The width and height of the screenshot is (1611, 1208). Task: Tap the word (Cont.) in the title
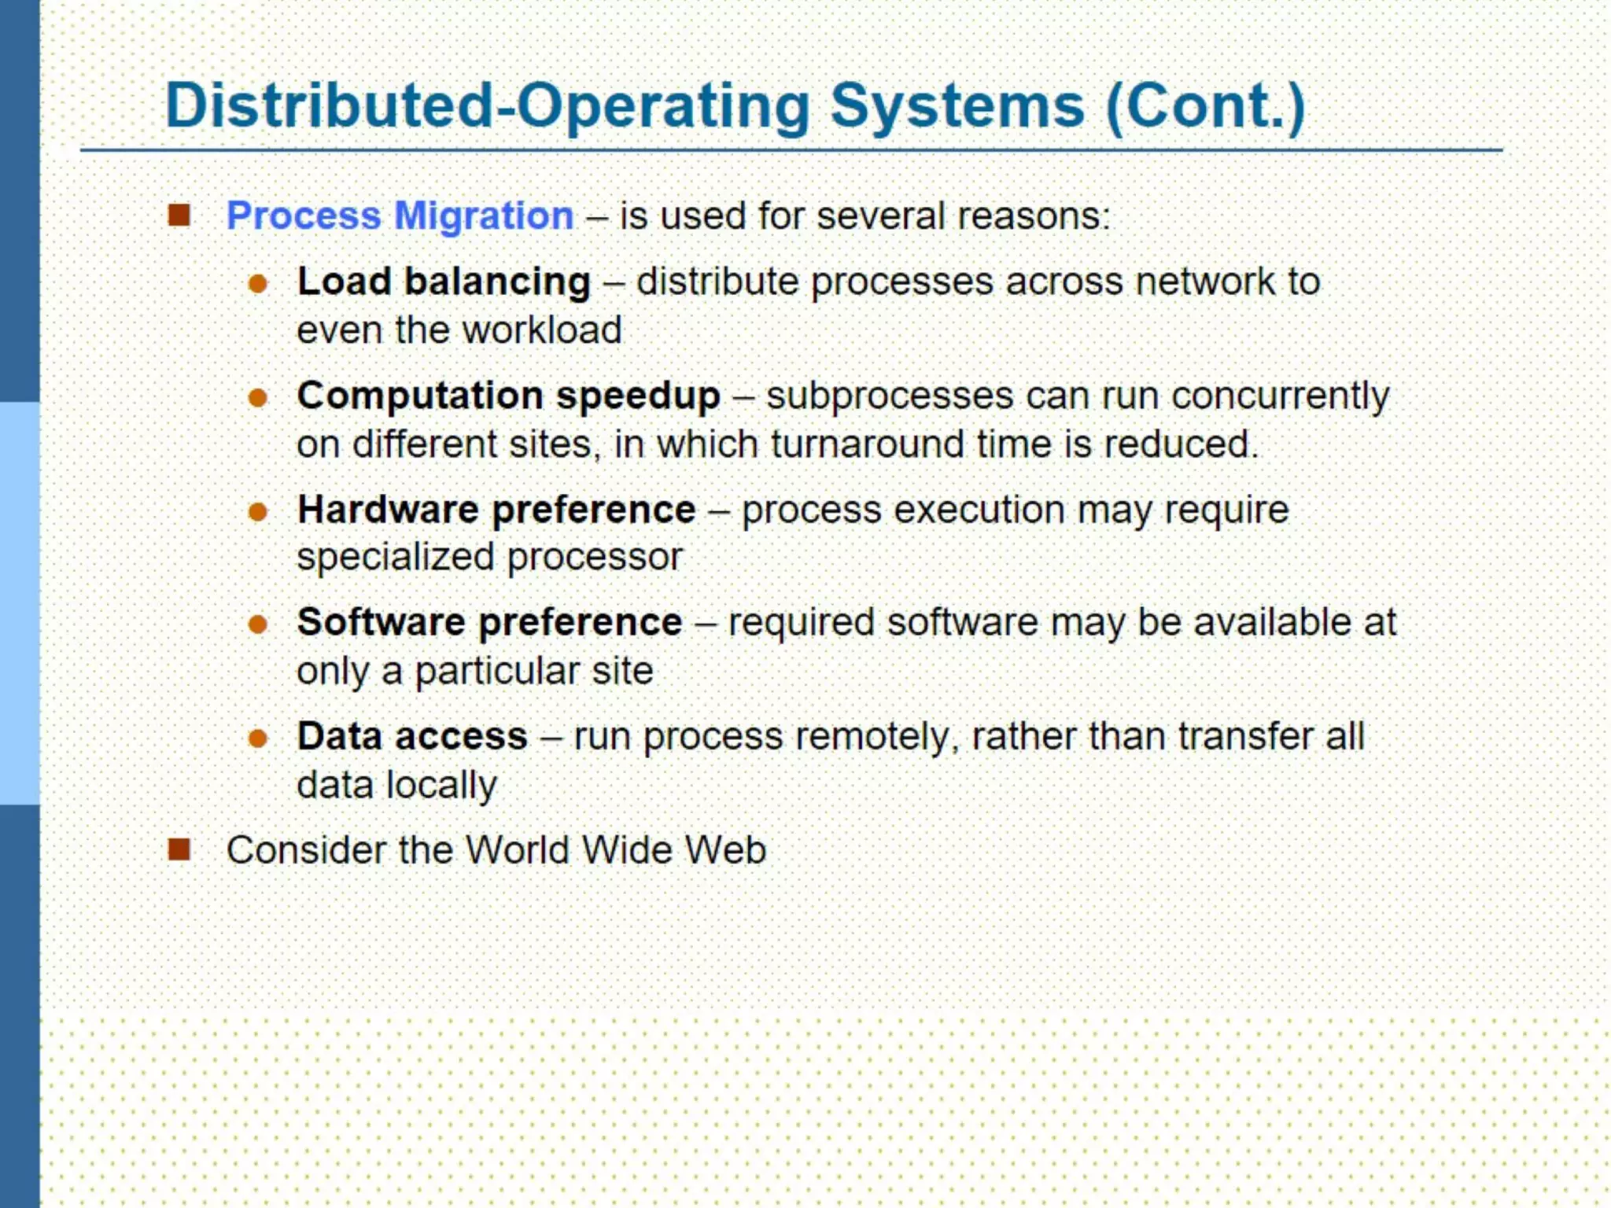click(1205, 106)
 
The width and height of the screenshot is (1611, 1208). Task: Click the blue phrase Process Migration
click(400, 215)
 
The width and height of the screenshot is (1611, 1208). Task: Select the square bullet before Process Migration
click(179, 215)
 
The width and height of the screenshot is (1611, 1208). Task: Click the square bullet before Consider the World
click(179, 849)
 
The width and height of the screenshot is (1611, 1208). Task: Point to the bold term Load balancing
click(444, 282)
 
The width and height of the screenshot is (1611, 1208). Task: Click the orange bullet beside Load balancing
click(258, 283)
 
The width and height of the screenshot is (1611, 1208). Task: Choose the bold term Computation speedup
click(508, 396)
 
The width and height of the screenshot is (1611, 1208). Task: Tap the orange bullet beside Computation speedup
click(258, 398)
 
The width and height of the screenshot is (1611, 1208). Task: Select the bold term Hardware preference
click(496, 510)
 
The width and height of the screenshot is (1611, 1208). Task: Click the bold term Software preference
click(489, 622)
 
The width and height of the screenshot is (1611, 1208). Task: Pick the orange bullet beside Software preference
click(258, 625)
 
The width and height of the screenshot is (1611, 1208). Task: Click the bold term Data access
click(412, 736)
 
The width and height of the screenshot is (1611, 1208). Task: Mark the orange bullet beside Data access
click(258, 738)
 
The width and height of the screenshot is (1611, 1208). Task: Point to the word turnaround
click(867, 444)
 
